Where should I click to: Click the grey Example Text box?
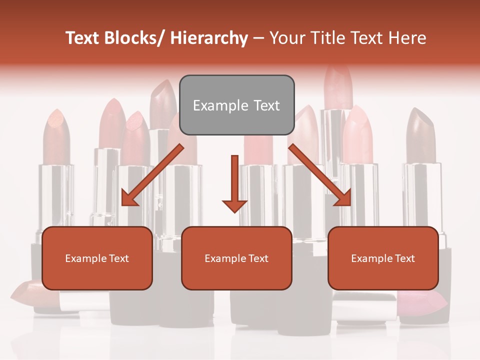coord(236,105)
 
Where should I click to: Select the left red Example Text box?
coord(97,258)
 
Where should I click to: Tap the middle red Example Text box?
coord(236,258)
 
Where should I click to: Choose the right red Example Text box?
coord(383,258)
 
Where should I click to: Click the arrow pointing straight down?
coord(234,183)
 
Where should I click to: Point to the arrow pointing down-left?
coord(152,174)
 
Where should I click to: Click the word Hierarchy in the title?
coord(209,38)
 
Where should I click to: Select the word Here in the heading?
coord(408,38)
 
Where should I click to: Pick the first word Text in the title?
coord(83,38)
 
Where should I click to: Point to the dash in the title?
coord(258,38)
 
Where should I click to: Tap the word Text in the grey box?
coord(265,105)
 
